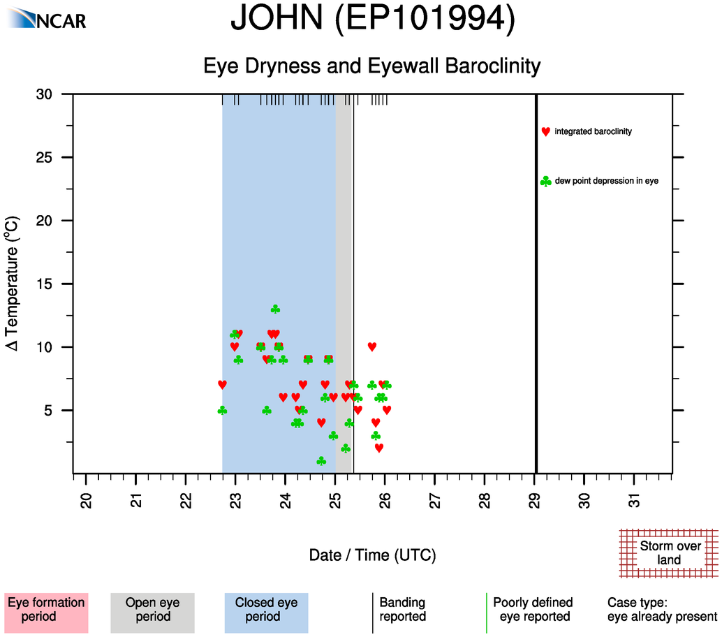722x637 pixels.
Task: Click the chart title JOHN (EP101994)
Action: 372,20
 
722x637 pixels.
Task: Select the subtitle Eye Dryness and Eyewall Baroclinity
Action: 372,66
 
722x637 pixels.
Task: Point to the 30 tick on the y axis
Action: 53,94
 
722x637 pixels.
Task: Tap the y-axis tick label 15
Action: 53,284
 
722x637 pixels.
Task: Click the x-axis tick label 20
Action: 86,501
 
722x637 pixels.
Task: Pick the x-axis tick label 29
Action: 535,501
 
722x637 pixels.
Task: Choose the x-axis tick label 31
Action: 635,501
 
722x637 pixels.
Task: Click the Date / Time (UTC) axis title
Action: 372,555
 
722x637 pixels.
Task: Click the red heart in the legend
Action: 545,131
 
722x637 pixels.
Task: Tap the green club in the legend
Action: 545,182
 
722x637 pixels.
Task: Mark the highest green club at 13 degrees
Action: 275,309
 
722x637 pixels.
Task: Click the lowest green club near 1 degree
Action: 321,461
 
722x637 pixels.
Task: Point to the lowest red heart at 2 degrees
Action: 379,448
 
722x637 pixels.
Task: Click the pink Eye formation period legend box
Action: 46,610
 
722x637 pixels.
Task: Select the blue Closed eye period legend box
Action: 266,610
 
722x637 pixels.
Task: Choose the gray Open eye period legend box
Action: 152,610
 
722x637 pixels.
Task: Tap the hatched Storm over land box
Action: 669,552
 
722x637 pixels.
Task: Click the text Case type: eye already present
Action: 662,610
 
